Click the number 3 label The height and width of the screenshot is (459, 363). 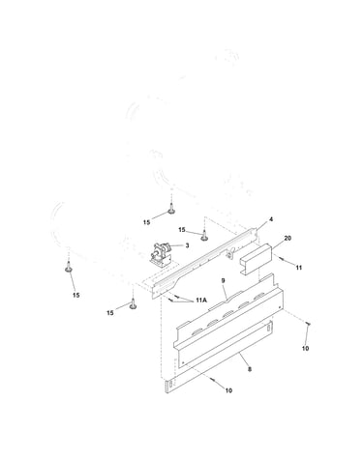187,245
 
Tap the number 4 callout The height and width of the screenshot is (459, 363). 271,219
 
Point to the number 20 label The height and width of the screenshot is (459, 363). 287,238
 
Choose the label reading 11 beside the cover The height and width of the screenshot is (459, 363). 299,268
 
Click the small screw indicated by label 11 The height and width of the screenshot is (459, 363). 280,258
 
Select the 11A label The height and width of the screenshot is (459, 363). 200,301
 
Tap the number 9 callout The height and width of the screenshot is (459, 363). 223,280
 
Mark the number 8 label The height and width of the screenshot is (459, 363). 250,369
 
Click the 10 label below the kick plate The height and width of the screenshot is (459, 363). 228,390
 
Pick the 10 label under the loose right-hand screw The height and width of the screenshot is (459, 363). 305,348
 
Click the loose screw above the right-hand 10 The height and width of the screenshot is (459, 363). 308,324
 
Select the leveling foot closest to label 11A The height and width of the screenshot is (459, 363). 133,304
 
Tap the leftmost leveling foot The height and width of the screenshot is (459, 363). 69,267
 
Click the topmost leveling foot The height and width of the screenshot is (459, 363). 171,209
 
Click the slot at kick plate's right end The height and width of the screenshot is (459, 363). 268,327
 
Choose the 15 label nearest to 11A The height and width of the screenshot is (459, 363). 110,313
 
